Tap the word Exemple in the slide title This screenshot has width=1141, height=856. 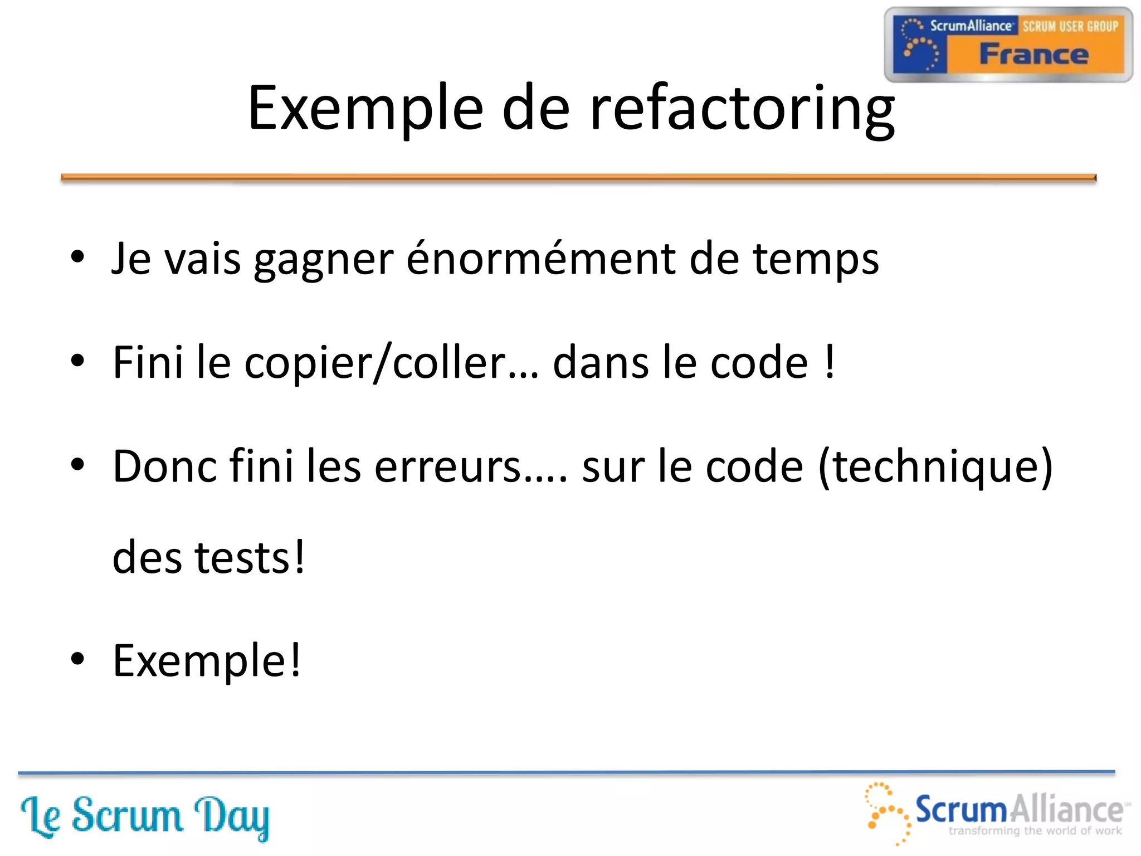coord(365,109)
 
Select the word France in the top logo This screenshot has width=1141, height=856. coord(1033,55)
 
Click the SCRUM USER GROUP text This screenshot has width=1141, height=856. coord(1070,26)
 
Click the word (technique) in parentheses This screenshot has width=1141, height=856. coord(935,466)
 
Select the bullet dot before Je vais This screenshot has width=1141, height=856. coord(78,257)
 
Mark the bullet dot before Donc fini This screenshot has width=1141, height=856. coord(78,464)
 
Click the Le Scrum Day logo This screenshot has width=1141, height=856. coord(145,816)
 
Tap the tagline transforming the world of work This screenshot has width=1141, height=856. coord(1035,831)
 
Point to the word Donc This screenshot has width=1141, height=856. coord(165,466)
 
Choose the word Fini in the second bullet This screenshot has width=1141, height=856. coord(148,363)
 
